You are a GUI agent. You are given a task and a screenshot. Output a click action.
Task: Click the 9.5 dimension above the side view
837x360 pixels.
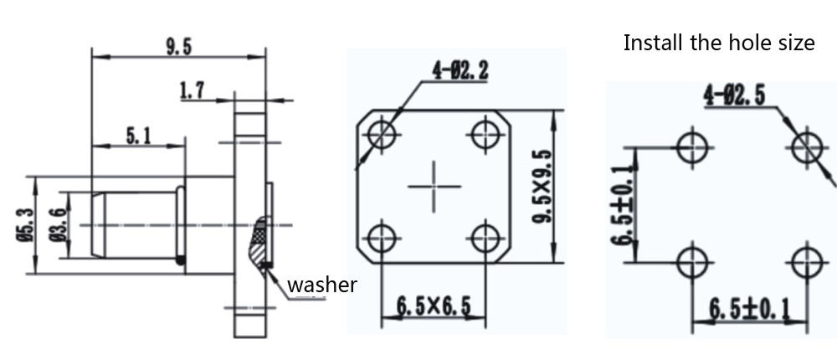click(x=178, y=47)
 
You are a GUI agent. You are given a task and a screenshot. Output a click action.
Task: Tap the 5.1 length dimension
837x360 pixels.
click(x=138, y=136)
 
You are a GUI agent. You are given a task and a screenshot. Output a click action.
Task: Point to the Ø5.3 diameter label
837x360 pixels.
click(x=26, y=225)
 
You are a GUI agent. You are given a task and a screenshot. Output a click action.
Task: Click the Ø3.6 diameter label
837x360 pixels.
click(x=59, y=225)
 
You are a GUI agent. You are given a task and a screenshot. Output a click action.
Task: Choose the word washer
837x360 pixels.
click(x=322, y=285)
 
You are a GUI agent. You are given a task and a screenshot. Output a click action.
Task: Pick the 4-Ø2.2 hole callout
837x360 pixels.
click(x=460, y=70)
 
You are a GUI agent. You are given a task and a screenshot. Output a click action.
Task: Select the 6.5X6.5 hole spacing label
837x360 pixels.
click(x=434, y=306)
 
